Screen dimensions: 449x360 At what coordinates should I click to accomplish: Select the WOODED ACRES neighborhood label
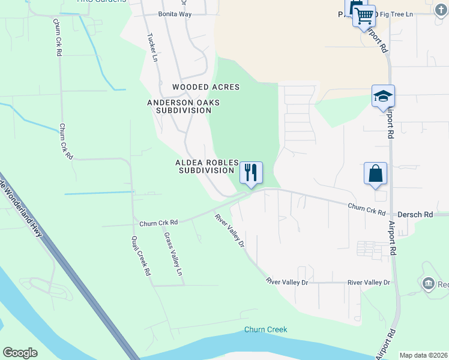tap(206, 87)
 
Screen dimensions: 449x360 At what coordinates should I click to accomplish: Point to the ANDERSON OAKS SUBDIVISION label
tap(184, 106)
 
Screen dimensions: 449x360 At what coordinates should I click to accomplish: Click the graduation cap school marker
tap(383, 96)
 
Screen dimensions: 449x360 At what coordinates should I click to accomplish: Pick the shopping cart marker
tap(364, 16)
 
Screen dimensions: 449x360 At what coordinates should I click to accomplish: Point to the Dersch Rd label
tap(411, 214)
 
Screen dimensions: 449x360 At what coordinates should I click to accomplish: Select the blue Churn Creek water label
tap(265, 329)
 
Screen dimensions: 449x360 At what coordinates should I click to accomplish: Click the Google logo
tap(20, 353)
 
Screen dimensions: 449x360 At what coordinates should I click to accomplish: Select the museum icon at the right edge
tap(428, 283)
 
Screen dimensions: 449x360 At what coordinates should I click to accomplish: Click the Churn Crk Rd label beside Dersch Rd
tap(366, 209)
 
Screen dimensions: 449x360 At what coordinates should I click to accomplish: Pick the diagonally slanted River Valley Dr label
tap(229, 232)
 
